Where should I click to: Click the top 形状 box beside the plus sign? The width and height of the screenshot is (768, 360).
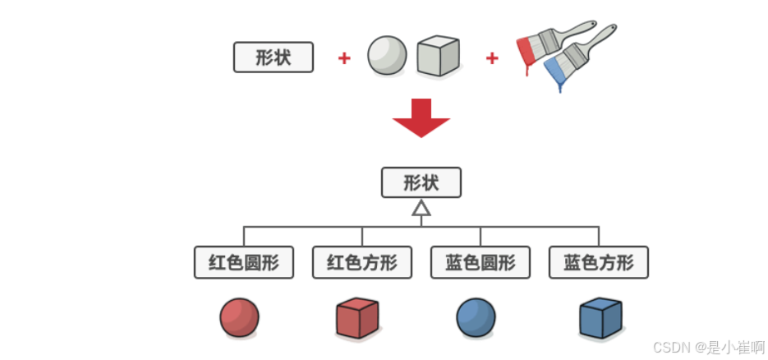(274, 58)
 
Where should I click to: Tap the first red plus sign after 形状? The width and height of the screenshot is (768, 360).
(344, 58)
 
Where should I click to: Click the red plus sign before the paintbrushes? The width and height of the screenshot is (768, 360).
(492, 58)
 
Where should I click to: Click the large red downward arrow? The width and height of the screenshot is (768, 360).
(421, 118)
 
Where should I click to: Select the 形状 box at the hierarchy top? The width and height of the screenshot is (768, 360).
(421, 182)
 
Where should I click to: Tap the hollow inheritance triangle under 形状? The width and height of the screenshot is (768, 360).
(421, 209)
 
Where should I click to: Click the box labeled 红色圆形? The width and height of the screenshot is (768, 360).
(244, 263)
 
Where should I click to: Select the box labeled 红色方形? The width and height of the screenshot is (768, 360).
(362, 263)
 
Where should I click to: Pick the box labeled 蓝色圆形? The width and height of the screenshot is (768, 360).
(481, 263)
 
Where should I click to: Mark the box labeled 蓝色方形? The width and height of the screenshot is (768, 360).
(599, 263)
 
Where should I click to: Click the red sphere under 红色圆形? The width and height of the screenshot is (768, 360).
(240, 317)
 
